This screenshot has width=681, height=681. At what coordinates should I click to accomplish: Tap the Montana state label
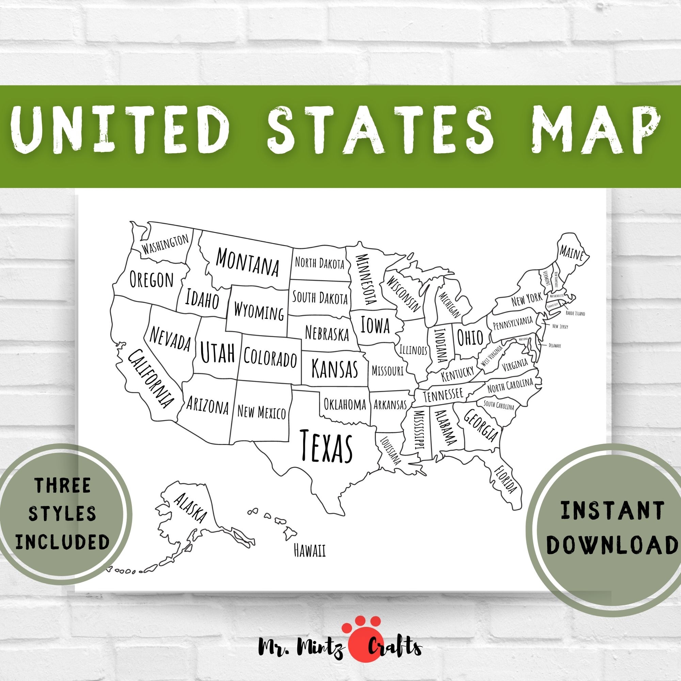[x=247, y=262]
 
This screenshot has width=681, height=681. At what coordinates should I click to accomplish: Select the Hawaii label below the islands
[x=310, y=551]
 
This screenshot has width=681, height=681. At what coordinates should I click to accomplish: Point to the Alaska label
[x=190, y=508]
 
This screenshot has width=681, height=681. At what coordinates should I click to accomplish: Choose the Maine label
[x=571, y=252]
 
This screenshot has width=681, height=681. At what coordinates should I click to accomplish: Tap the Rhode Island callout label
[x=575, y=313]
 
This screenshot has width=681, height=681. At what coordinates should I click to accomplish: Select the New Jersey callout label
[x=560, y=327]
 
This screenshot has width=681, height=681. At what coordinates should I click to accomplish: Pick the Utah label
[x=218, y=351]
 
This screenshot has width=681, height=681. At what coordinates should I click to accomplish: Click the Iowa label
[x=375, y=325]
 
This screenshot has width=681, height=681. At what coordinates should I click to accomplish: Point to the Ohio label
[x=470, y=337]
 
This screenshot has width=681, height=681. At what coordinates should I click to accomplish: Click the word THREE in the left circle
[x=62, y=485]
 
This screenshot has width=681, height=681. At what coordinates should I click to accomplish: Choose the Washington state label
[x=165, y=244]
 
